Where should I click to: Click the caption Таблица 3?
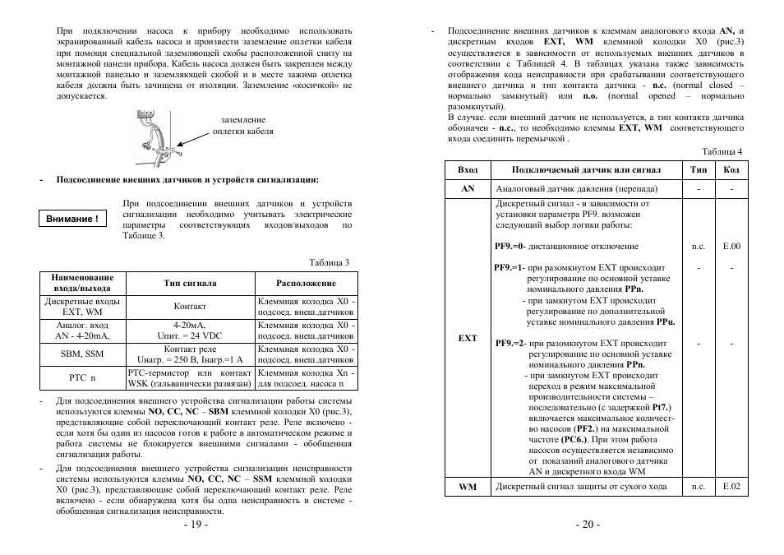pos(329,263)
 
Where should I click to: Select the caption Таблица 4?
pos(723,151)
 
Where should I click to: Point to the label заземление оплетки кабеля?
pos(243,126)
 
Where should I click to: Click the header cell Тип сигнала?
pos(190,283)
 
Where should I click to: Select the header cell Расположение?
pos(306,283)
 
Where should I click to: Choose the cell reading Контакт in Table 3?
pos(190,307)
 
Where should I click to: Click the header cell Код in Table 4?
pos(731,169)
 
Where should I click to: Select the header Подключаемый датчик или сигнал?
pos(586,169)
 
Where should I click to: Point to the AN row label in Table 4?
pos(468,189)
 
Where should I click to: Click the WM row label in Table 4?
pos(468,487)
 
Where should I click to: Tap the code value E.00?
pos(731,246)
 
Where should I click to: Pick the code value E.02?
pos(731,487)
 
